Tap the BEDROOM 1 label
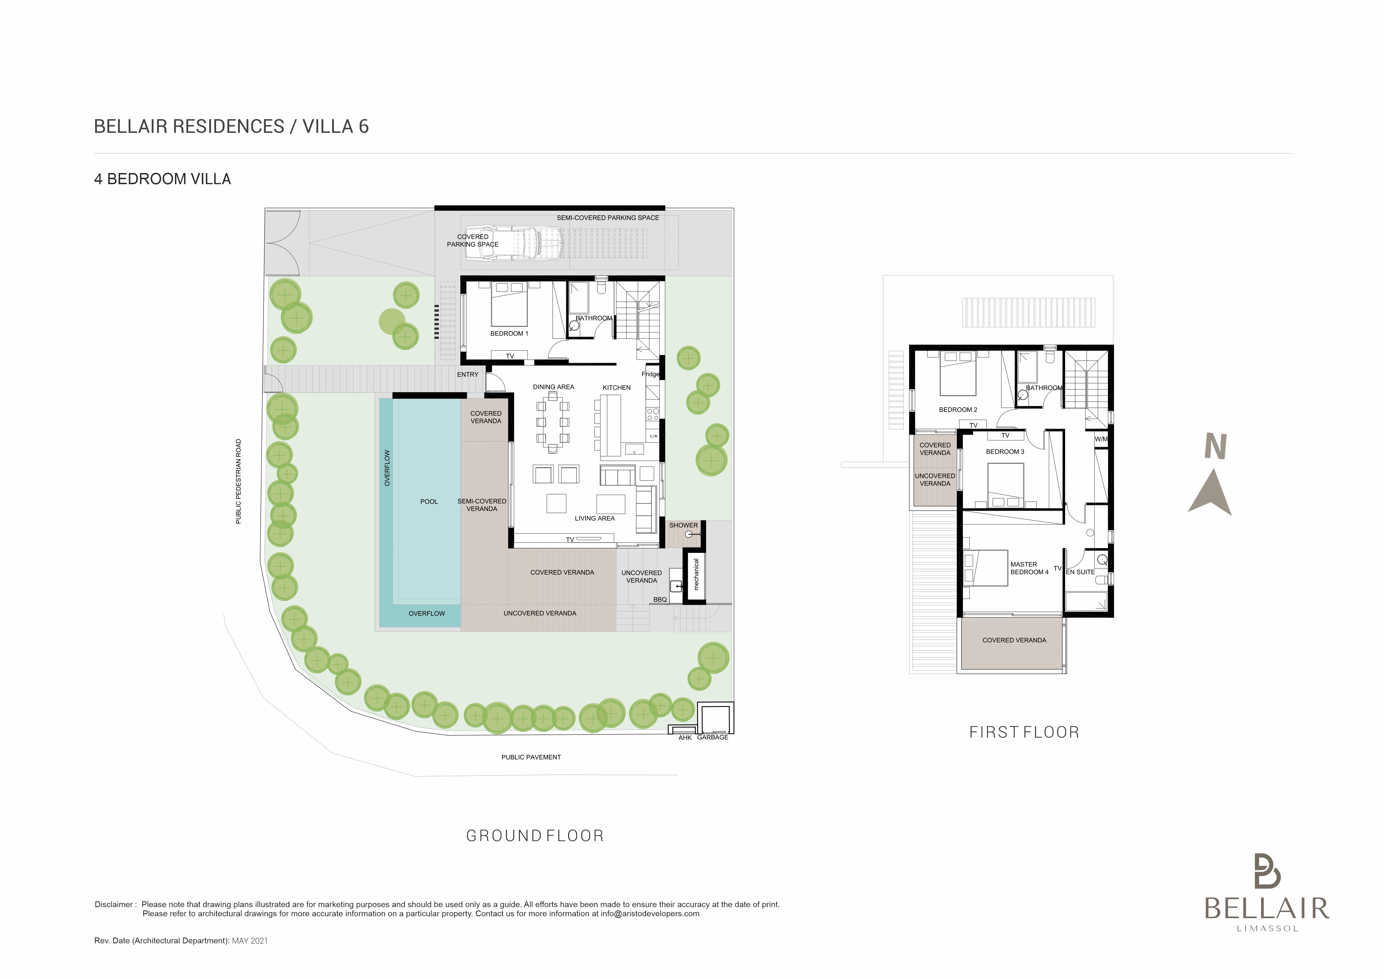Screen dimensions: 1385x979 click(509, 333)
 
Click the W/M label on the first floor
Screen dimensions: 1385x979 click(1101, 439)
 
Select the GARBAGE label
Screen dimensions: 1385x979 click(712, 737)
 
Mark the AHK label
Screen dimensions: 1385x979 click(685, 738)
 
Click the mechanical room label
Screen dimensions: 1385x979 click(696, 574)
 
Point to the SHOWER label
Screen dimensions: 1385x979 click(684, 526)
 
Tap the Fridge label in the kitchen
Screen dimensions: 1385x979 click(650, 374)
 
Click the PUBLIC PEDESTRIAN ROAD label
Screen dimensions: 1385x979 click(238, 481)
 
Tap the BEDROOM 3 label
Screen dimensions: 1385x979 click(1005, 452)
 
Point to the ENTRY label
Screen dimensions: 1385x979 click(468, 375)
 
